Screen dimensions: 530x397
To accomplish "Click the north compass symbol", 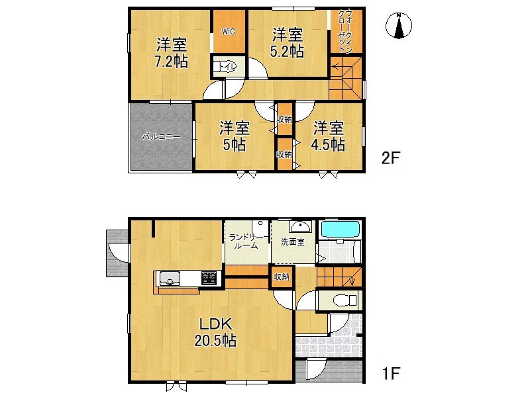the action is click(399, 25).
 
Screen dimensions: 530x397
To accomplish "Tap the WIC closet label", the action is click(228, 32).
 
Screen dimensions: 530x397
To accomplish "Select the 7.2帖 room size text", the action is click(172, 62).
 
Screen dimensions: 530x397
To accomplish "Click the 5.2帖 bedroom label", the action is click(287, 42).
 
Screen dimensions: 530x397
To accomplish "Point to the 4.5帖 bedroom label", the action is click(328, 136).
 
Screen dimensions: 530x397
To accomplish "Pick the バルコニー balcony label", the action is click(161, 137).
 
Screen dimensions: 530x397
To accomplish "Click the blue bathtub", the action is click(341, 229).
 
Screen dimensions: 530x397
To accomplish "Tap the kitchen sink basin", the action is click(170, 279).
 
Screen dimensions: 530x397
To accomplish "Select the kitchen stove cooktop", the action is click(209, 279).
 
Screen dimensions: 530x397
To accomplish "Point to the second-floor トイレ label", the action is click(227, 67).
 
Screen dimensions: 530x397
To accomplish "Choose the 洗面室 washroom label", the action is click(293, 242).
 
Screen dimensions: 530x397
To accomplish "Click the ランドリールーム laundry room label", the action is click(246, 242).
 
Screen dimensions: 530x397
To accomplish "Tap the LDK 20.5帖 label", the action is click(215, 333).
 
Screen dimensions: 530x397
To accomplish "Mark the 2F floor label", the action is click(391, 157).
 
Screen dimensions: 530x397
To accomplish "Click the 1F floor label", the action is click(391, 373).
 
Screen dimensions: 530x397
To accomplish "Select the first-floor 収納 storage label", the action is click(282, 277).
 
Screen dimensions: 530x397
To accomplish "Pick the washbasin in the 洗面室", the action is click(301, 226).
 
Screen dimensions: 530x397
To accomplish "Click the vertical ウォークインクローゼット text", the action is click(345, 31).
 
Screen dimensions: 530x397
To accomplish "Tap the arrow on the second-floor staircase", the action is click(338, 68).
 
